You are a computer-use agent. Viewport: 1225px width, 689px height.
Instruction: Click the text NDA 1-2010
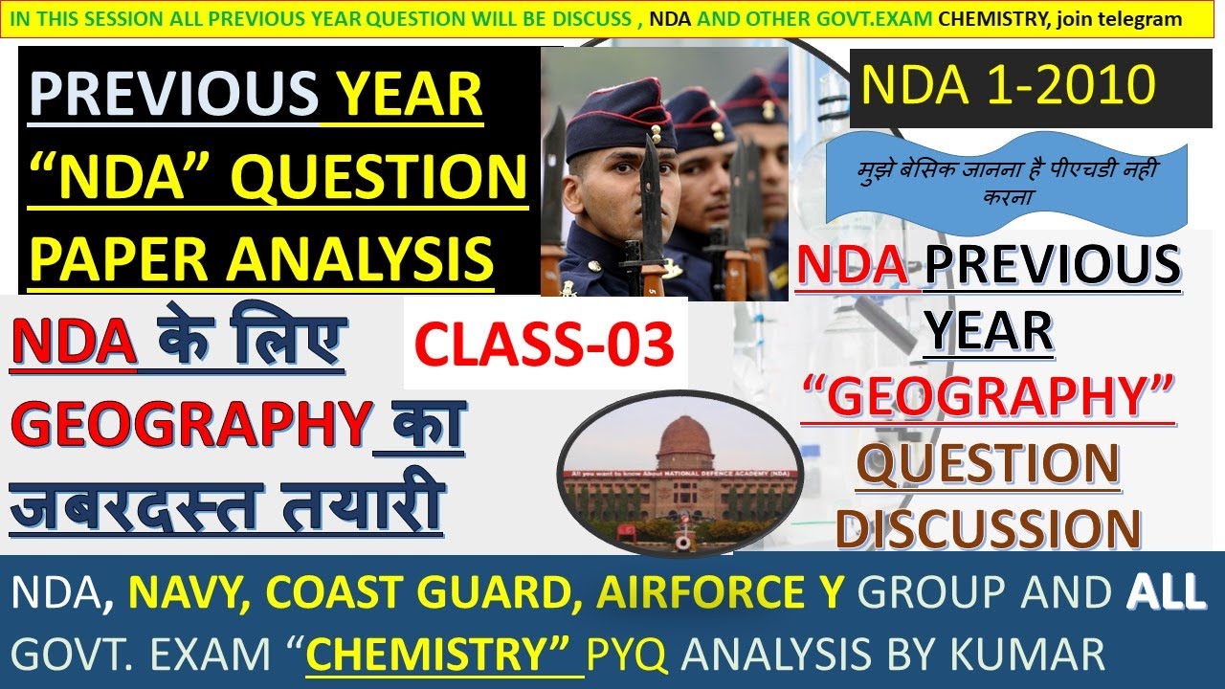[x=1008, y=86]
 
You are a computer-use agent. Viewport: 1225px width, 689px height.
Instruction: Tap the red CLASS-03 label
[x=545, y=345]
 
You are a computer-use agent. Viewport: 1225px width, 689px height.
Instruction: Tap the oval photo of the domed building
[x=679, y=474]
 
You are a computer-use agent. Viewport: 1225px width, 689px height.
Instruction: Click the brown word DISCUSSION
[x=989, y=527]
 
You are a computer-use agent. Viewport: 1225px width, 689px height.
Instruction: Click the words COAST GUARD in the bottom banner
[x=426, y=594]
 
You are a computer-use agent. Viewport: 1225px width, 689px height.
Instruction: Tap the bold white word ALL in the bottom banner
[x=1165, y=594]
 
